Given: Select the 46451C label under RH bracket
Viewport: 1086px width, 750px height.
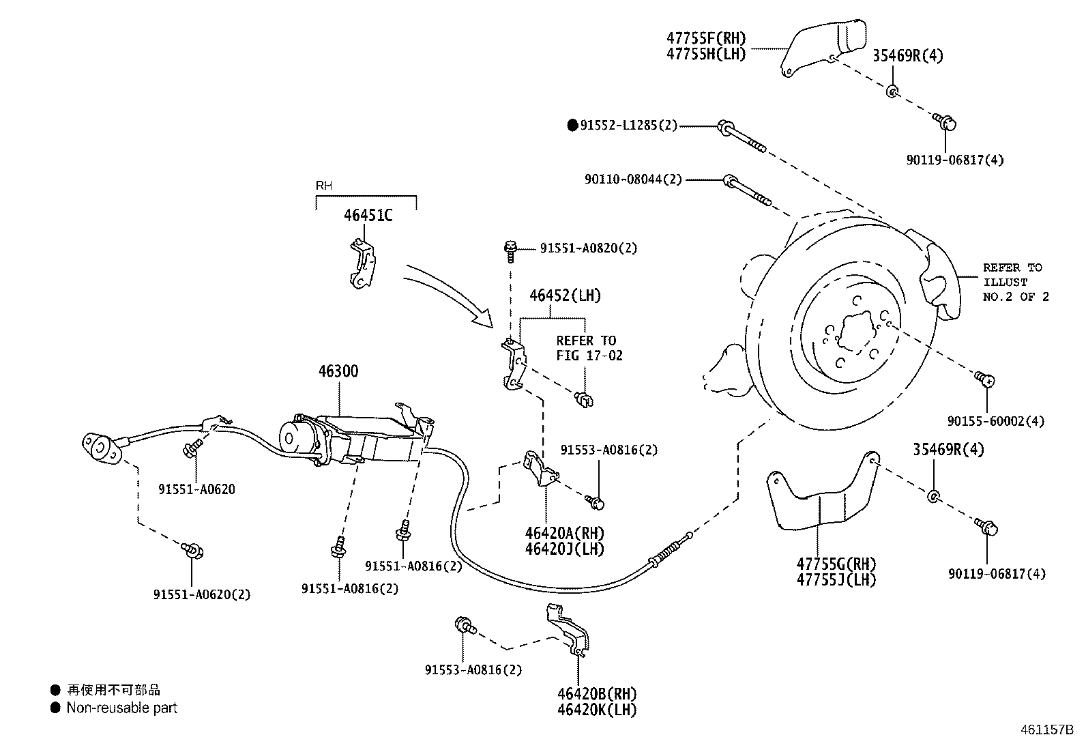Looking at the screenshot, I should click(368, 216).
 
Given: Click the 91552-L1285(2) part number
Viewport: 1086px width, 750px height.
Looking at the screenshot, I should click(628, 126).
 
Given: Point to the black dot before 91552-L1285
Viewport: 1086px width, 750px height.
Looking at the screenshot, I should click(572, 126).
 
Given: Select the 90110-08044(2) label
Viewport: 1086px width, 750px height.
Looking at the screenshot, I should click(632, 179).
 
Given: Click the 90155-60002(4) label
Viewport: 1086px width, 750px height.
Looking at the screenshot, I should click(995, 422).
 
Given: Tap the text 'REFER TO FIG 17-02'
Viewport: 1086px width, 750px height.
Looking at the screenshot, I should click(589, 348).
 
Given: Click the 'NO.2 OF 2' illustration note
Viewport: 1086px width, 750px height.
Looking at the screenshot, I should click(1015, 297).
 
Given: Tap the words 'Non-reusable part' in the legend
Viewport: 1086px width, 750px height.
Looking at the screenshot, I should click(121, 708).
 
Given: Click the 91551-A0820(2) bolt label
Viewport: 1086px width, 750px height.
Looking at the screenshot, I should click(588, 248).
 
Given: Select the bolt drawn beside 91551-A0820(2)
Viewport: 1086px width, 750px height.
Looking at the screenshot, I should click(510, 250).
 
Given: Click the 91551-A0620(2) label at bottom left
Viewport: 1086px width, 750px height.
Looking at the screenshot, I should click(201, 594).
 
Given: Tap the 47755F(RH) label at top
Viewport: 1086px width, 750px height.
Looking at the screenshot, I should click(705, 38).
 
